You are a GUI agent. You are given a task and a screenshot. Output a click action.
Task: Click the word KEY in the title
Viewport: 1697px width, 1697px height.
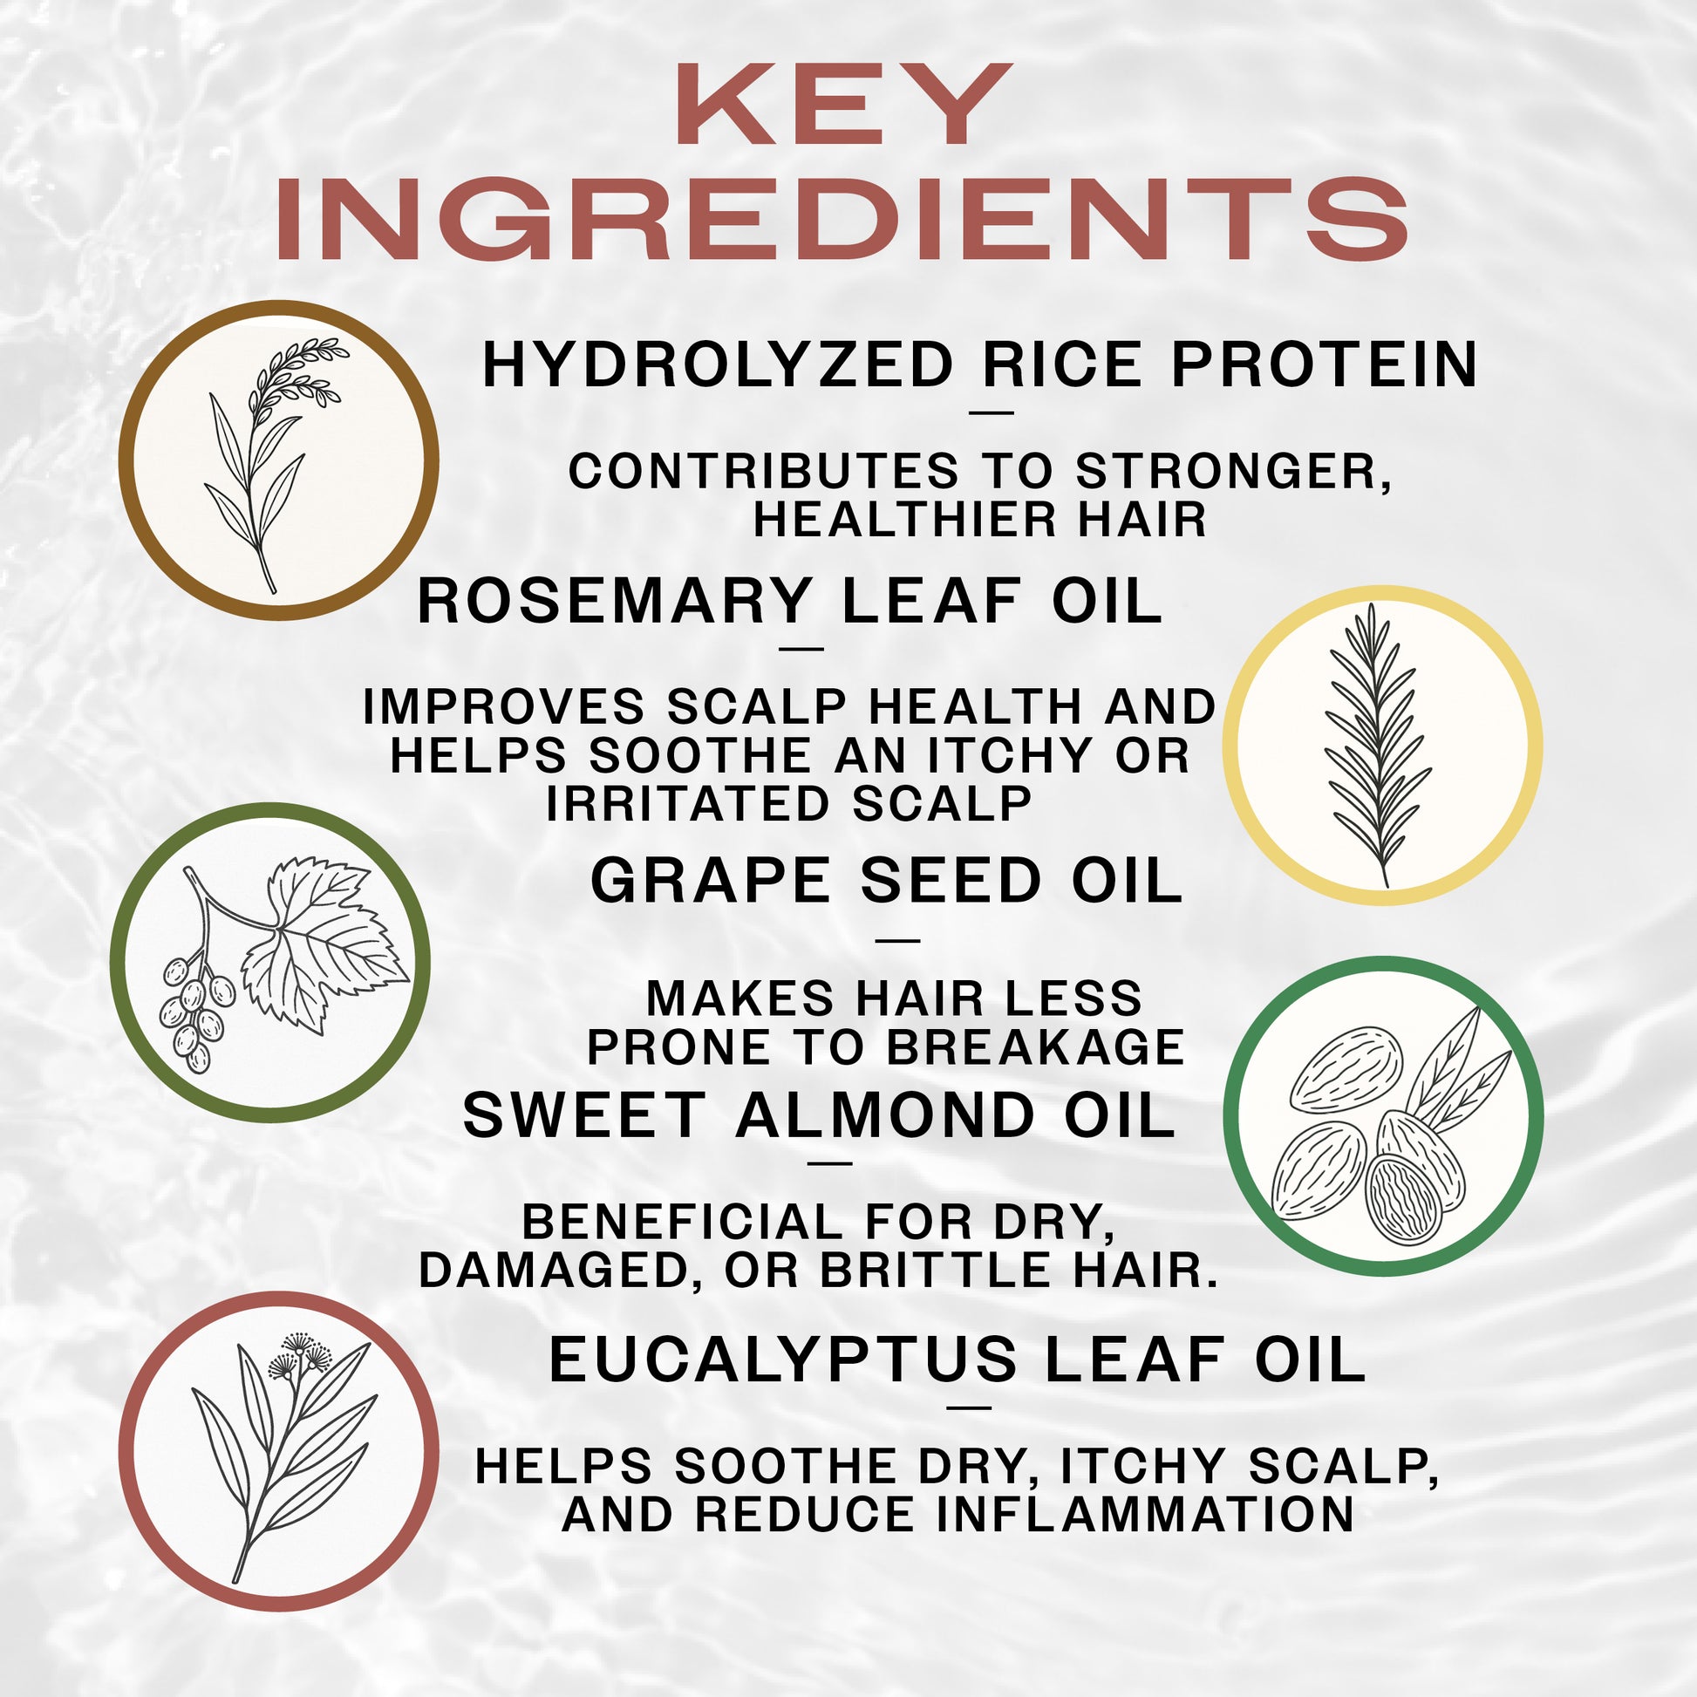tap(842, 106)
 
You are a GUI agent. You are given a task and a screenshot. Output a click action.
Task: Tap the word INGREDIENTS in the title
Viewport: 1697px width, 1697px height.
tap(842, 219)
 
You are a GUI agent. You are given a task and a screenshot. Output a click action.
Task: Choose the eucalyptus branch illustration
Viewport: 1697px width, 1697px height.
tap(278, 1449)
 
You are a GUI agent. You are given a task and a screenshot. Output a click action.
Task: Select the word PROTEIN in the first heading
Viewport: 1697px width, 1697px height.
tap(1325, 365)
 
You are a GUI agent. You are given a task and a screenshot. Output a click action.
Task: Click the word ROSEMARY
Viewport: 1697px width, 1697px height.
tap(613, 602)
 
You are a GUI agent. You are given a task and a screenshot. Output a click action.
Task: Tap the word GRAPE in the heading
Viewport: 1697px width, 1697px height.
tap(710, 881)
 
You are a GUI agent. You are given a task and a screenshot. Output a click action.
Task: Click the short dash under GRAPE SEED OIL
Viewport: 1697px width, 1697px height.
tap(897, 941)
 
